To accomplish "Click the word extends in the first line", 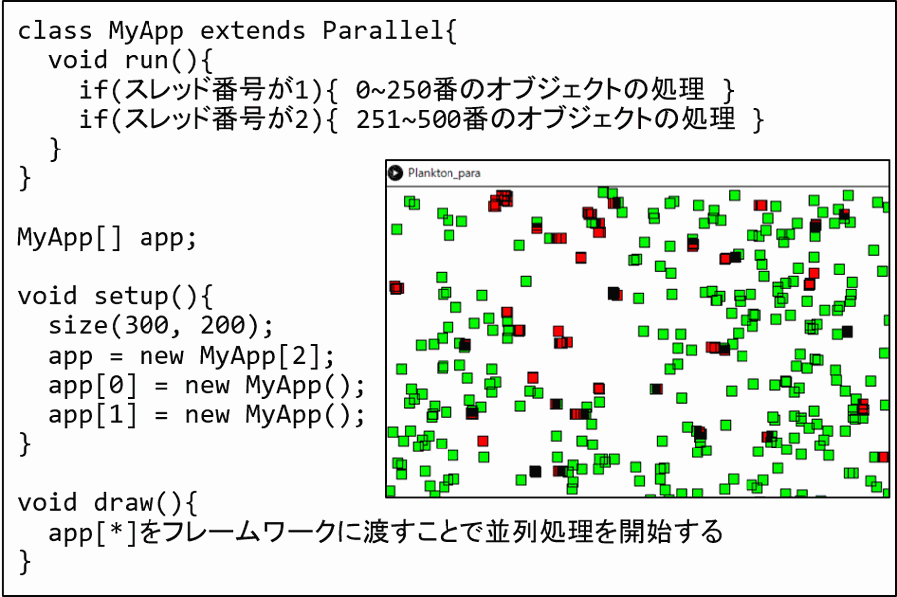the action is (253, 30).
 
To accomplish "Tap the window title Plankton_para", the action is (444, 173).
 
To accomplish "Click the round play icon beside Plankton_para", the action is (396, 172).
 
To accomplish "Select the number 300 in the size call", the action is (148, 325).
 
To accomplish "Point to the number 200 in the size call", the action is (223, 325).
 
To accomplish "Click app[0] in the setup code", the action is (93, 385).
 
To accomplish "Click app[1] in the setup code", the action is (93, 414).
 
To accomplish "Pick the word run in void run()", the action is (147, 60).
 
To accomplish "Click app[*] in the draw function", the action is (93, 533).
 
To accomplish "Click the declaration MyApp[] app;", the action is (108, 238).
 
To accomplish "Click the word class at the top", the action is (55, 30).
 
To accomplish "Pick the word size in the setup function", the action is (78, 325).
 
